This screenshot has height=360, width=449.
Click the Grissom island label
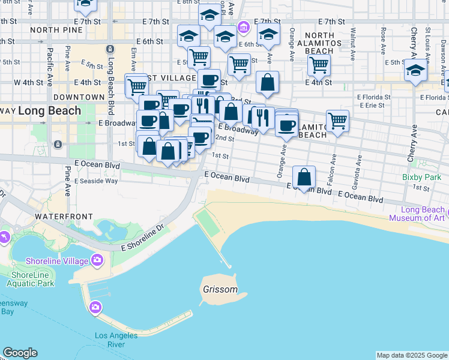click(x=220, y=289)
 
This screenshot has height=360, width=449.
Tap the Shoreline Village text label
click(x=57, y=260)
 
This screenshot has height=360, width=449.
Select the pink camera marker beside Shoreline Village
click(x=96, y=260)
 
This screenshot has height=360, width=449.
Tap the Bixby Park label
click(x=421, y=178)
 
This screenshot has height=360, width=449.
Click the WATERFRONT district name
click(x=64, y=216)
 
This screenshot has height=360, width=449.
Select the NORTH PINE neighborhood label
click(x=56, y=29)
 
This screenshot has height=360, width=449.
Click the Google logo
click(x=20, y=353)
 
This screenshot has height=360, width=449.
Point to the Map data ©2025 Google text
click(x=412, y=355)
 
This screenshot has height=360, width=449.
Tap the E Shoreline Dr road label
click(x=143, y=238)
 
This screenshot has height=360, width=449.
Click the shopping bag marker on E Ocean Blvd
click(x=304, y=178)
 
